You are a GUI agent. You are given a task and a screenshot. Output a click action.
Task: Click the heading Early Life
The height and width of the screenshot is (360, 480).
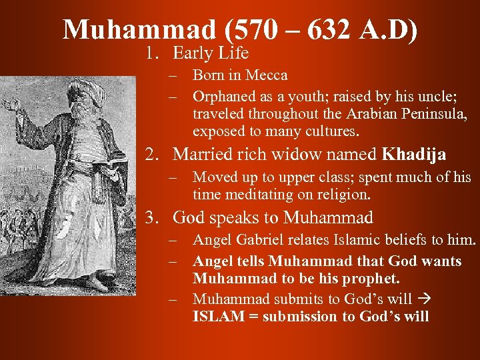[x=211, y=53]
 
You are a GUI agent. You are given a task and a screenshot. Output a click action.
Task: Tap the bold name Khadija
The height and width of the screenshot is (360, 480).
[x=414, y=155]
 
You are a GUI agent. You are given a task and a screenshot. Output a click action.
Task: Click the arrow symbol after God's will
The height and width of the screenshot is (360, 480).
[x=423, y=299]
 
